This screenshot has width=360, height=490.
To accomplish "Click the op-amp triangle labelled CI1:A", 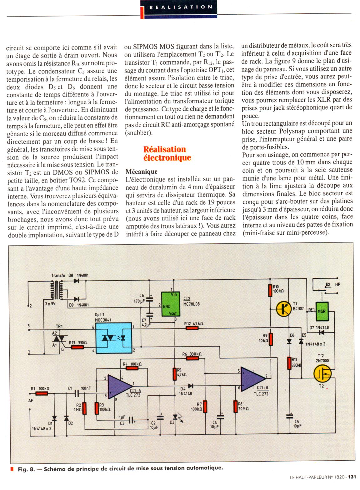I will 119,385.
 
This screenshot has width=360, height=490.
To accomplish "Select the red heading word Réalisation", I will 164,149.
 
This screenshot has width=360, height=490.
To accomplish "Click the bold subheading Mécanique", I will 141,172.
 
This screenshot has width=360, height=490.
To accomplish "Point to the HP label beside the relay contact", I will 337,284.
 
